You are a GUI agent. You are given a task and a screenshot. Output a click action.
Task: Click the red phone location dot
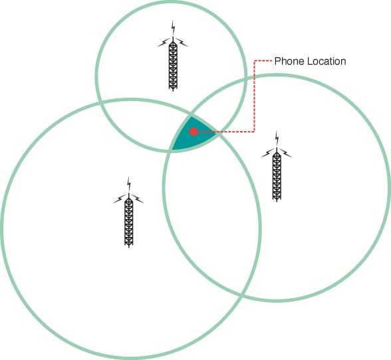[x=194, y=132]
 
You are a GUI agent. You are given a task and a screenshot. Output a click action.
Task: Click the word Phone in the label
[x=289, y=61]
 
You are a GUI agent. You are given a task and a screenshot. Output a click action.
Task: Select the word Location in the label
[x=326, y=61]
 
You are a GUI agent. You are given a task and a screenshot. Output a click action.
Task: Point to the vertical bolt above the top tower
[x=173, y=28]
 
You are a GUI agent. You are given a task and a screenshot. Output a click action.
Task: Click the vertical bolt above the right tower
[x=277, y=138]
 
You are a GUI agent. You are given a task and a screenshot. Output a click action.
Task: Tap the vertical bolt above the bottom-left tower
[x=129, y=184]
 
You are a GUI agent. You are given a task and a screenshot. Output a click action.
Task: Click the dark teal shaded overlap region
[x=193, y=136]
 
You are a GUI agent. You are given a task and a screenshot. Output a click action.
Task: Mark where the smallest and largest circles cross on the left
[x=101, y=102]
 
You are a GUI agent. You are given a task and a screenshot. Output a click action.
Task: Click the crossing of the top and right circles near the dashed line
[x=245, y=79]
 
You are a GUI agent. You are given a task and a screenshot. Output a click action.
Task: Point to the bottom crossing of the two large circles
[x=241, y=295]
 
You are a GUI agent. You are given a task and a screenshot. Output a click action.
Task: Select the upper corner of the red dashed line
[x=254, y=61]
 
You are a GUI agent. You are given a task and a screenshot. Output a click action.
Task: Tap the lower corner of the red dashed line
[x=254, y=132]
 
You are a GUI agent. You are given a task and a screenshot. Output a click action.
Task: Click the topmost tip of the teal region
[x=191, y=116]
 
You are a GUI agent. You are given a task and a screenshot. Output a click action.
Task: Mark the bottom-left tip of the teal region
[x=172, y=150]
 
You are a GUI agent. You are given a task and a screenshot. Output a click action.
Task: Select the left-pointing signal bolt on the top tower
[x=164, y=43]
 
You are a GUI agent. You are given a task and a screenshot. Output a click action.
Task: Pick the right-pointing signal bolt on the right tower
[x=285, y=153]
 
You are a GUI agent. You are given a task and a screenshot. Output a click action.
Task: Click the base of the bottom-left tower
[x=129, y=244]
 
